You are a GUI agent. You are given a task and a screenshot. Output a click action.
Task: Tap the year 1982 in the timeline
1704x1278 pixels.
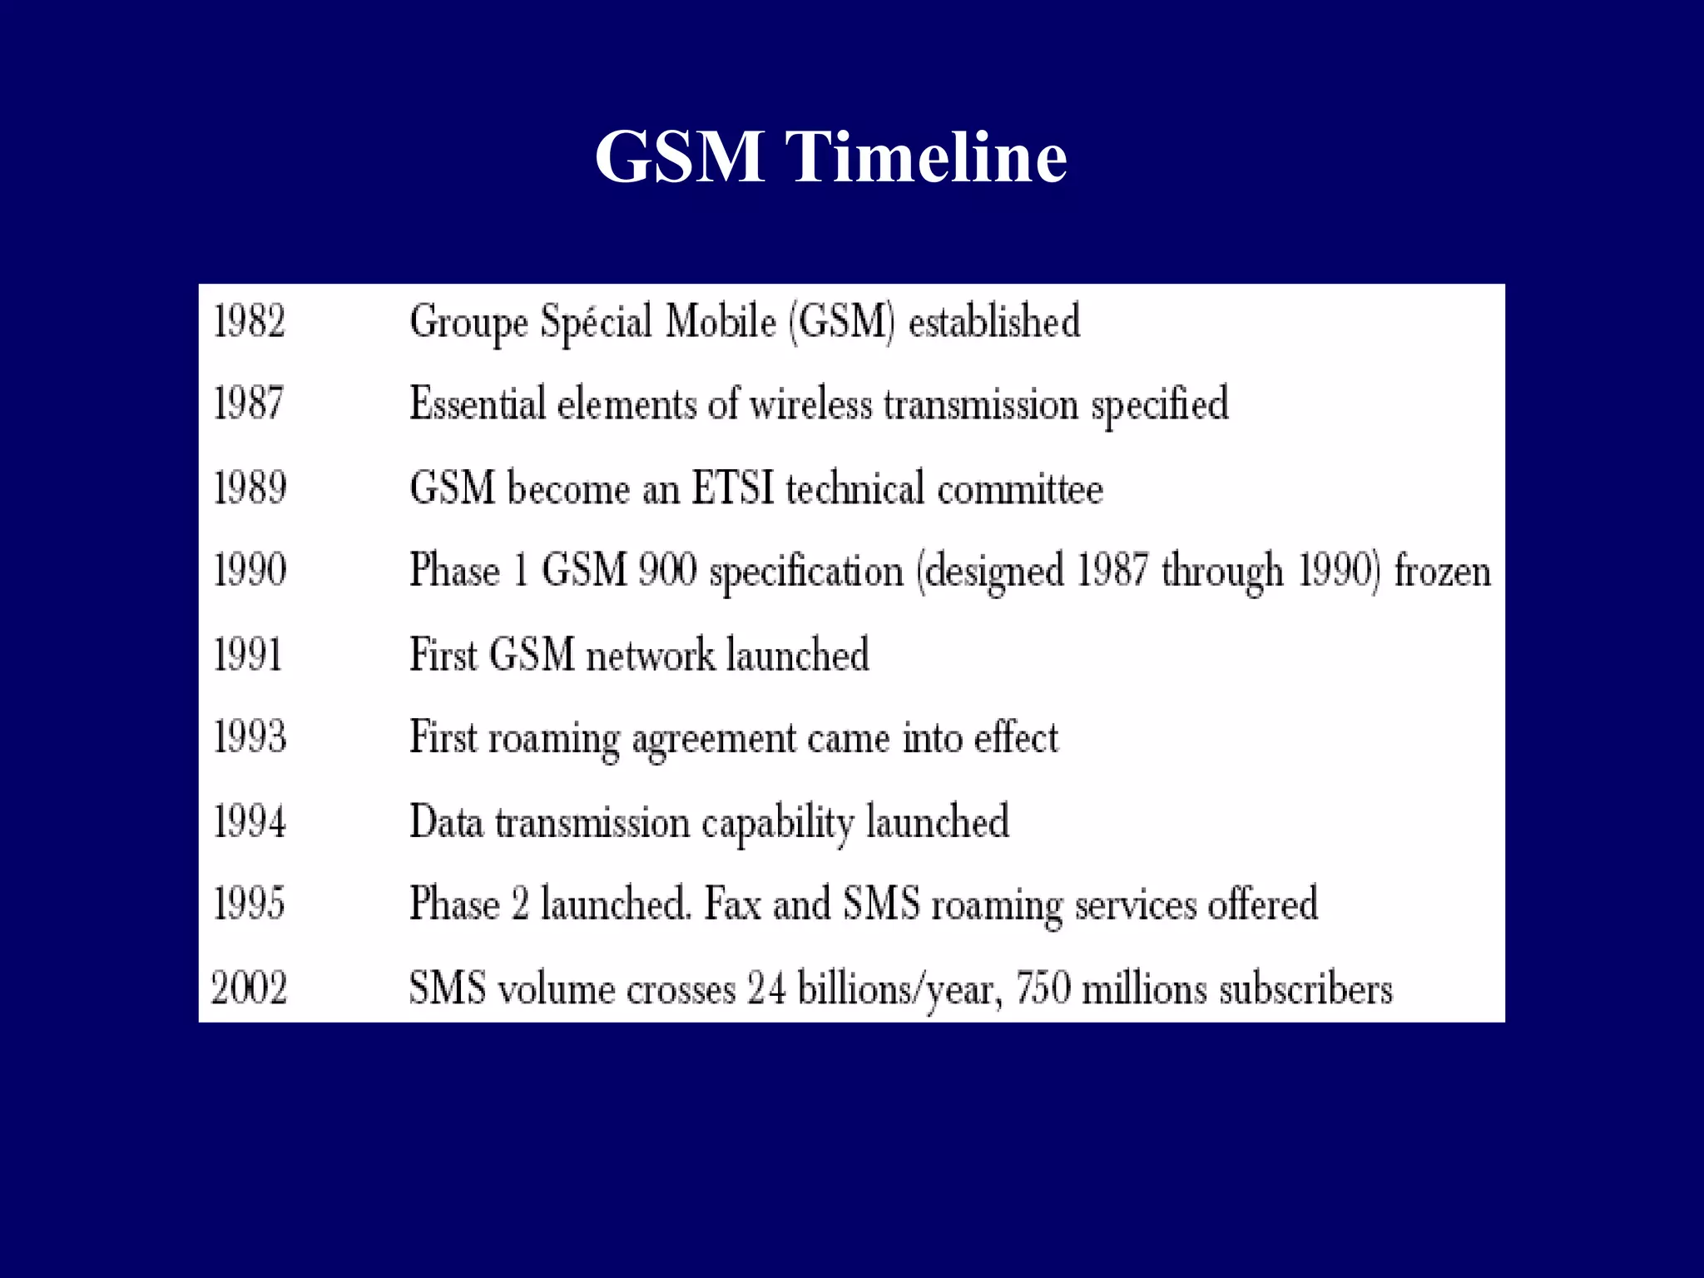click(x=250, y=321)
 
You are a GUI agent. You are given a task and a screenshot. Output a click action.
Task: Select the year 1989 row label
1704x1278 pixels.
click(x=250, y=488)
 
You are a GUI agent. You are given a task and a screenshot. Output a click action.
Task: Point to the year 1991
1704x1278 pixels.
click(x=248, y=654)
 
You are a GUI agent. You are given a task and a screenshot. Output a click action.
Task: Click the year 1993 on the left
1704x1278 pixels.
click(x=250, y=737)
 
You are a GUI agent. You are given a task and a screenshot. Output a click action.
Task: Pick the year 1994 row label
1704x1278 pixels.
click(x=250, y=821)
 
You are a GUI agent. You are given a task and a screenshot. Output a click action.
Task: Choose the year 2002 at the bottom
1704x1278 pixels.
click(x=249, y=988)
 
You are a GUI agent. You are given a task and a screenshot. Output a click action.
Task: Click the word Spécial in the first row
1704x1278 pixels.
click(x=596, y=322)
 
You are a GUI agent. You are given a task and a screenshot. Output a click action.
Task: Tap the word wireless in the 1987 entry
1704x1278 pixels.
click(x=810, y=405)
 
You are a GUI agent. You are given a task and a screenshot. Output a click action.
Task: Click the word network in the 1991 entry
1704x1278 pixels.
click(x=650, y=655)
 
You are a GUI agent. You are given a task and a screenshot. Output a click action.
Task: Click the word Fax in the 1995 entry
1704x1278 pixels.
click(x=732, y=904)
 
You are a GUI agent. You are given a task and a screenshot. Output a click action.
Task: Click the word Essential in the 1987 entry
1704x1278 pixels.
click(x=477, y=404)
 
